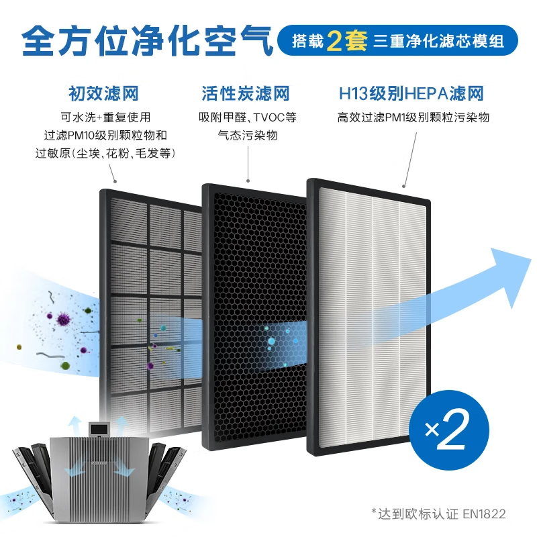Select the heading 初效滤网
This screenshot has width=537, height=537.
coord(103,93)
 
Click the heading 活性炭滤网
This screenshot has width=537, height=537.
coord(246,93)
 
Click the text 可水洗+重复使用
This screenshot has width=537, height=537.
coord(103,117)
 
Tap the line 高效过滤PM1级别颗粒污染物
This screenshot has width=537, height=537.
coord(413,117)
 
